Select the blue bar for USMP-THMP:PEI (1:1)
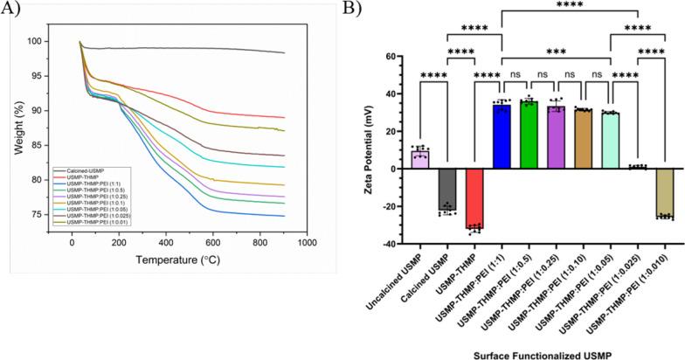point(502,135)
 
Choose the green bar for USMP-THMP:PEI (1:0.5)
point(529,135)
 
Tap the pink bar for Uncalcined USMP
point(420,160)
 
